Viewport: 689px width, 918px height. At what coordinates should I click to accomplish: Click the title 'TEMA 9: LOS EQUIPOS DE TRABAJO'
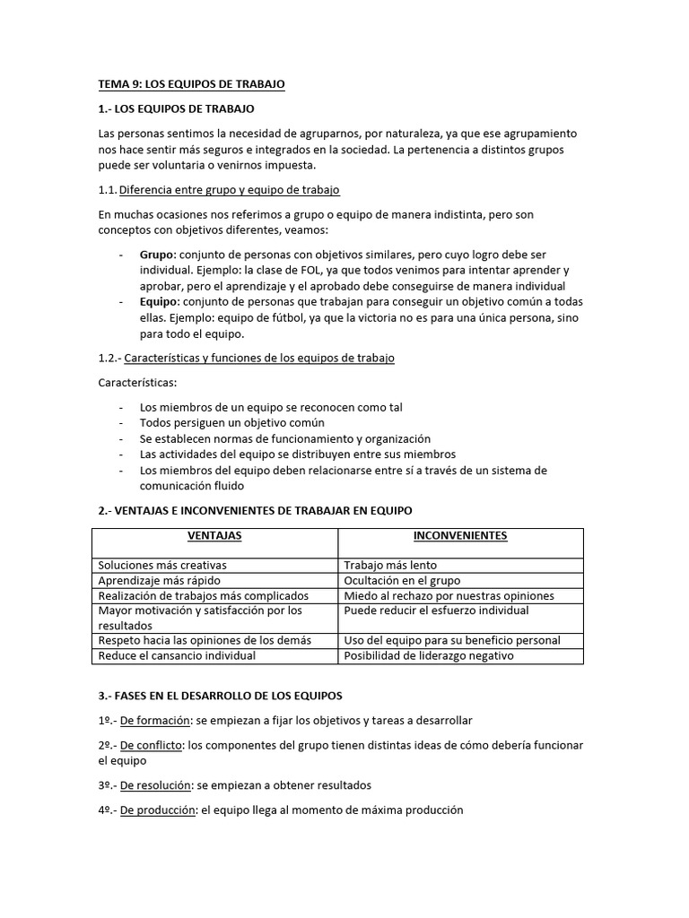pos(191,84)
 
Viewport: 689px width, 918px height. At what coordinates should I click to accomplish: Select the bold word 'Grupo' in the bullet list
pos(157,254)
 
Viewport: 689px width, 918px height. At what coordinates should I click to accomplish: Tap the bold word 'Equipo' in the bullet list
pos(159,302)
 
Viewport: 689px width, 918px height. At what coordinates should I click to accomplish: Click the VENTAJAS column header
pos(214,536)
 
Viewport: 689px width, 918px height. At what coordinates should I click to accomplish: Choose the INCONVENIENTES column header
pos(460,536)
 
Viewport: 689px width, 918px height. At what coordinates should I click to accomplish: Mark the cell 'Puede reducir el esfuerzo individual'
pos(436,611)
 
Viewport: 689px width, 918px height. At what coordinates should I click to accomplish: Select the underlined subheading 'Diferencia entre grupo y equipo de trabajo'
pos(229,190)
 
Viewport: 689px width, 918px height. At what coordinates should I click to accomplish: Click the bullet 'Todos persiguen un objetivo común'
pos(232,422)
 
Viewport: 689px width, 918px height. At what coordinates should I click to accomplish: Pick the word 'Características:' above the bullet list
pos(138,383)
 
